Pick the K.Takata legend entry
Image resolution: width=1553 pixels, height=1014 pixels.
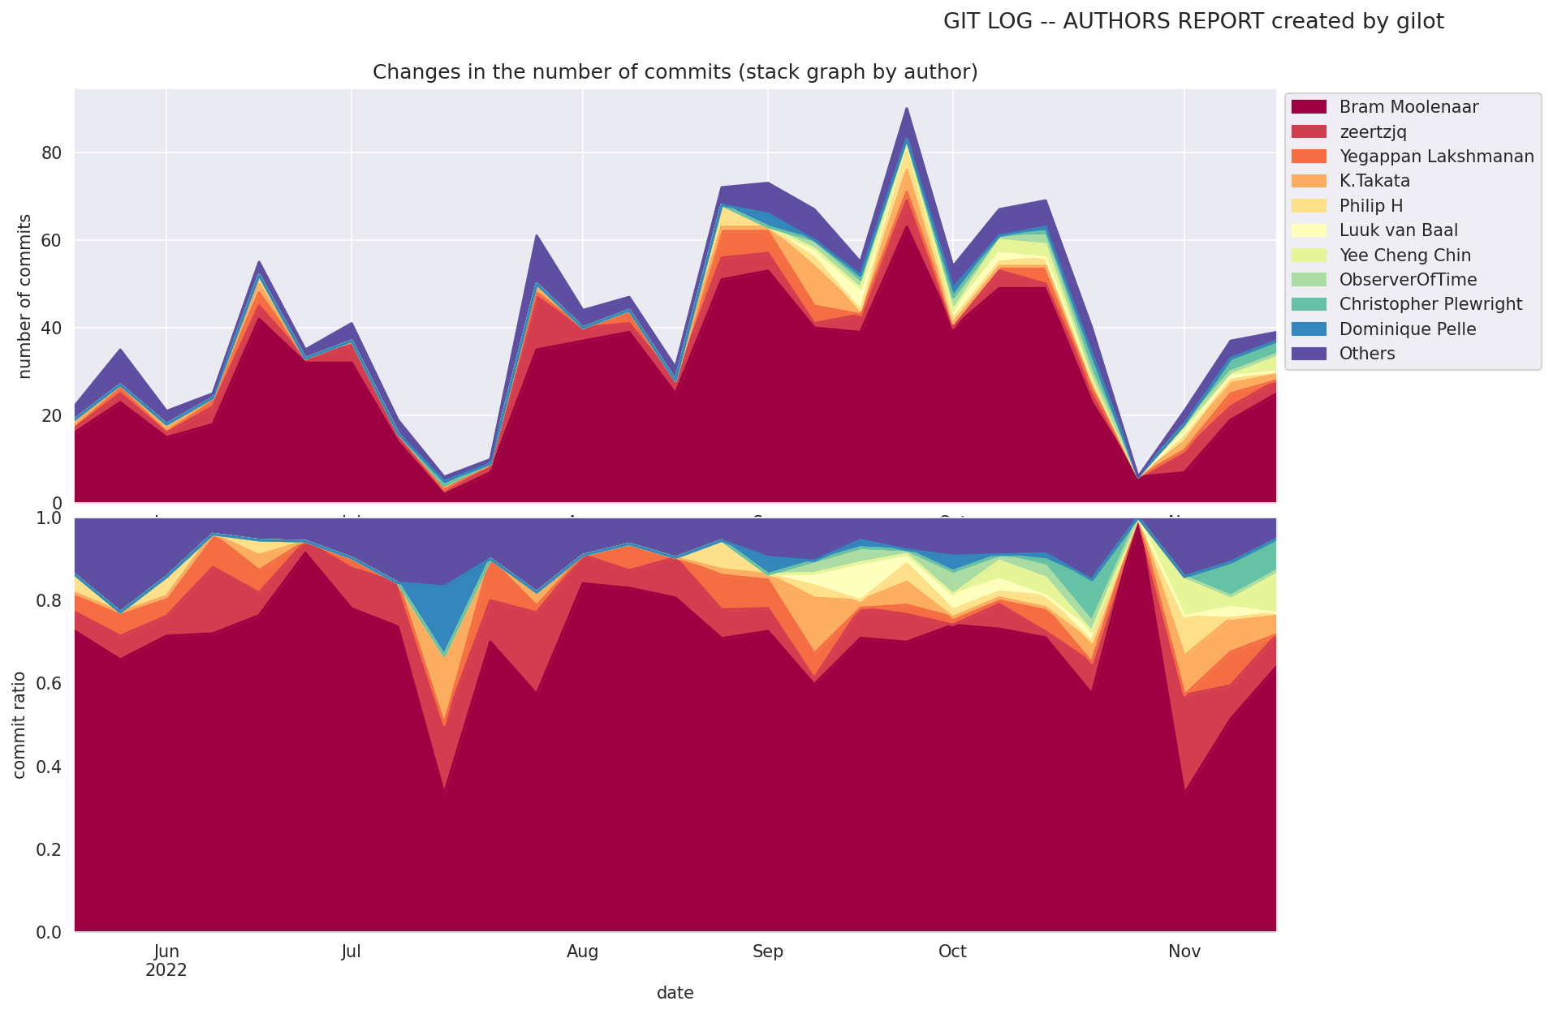pos(1374,181)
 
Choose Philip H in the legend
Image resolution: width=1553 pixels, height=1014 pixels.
pos(1371,206)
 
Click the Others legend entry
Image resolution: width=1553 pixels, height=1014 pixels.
pos(1367,354)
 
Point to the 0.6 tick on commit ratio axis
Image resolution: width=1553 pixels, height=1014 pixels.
pos(51,684)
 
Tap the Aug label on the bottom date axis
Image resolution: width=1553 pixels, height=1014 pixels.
pos(582,952)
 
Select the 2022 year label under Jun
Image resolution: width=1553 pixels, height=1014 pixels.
pos(166,970)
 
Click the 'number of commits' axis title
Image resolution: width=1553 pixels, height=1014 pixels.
pos(24,296)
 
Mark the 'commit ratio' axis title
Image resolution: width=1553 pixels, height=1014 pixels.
pos(19,724)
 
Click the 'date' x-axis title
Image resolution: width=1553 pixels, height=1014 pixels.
pos(675,993)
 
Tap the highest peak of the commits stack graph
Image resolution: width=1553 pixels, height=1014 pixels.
pos(907,108)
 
